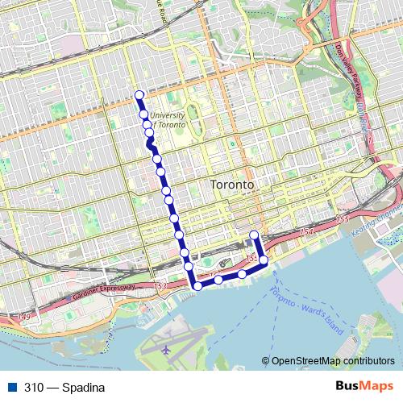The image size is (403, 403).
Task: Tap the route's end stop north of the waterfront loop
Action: pyautogui.click(x=255, y=235)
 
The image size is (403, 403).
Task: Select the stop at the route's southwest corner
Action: pyautogui.click(x=197, y=285)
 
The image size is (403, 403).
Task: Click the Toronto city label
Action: pyautogui.click(x=232, y=185)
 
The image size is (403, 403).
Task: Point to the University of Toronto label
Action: pyautogui.click(x=168, y=121)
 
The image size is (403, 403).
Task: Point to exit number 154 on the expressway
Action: pyautogui.click(x=305, y=232)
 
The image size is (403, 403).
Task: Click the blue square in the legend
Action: pyautogui.click(x=10, y=388)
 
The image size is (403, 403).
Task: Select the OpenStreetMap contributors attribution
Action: pyautogui.click(x=332, y=361)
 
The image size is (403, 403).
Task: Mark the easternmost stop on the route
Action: pyautogui.click(x=263, y=260)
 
